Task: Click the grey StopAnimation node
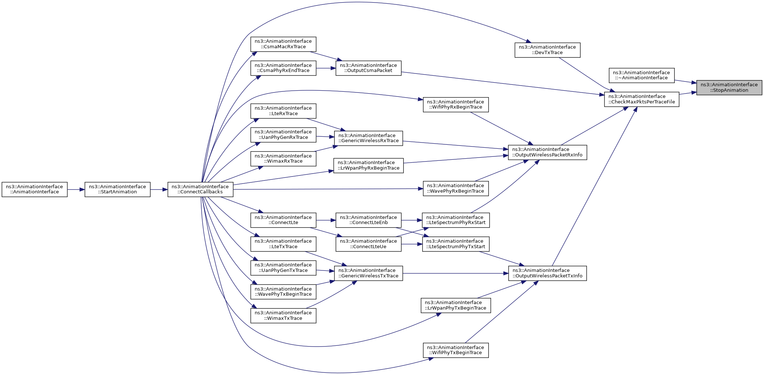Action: pyautogui.click(x=729, y=87)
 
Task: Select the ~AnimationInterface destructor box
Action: pyautogui.click(x=641, y=75)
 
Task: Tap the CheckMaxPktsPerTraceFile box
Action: pyautogui.click(x=641, y=99)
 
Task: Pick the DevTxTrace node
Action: pyautogui.click(x=547, y=50)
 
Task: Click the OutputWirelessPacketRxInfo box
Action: pyautogui.click(x=547, y=152)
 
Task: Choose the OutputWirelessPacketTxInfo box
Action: pyautogui.click(x=547, y=273)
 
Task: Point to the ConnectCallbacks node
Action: pyautogui.click(x=201, y=189)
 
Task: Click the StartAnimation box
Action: pyautogui.click(x=117, y=189)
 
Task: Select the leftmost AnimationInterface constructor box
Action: pyautogui.click(x=34, y=189)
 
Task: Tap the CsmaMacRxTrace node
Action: pyautogui.click(x=283, y=44)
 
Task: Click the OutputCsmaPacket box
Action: pyautogui.click(x=368, y=68)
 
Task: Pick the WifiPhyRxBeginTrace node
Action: pyautogui.click(x=456, y=105)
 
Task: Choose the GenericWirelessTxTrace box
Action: pyautogui.click(x=368, y=273)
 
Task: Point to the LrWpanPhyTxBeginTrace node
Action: pyautogui.click(x=456, y=305)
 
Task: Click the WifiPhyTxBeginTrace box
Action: pyautogui.click(x=456, y=350)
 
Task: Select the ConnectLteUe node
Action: pyautogui.click(x=368, y=244)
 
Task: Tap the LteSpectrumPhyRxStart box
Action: pyautogui.click(x=456, y=220)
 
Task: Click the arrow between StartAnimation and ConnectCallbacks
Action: pyautogui.click(x=159, y=189)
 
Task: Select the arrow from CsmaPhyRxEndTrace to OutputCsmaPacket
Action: pyautogui.click(x=326, y=68)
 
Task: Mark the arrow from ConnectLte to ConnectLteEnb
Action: pyautogui.click(x=326, y=220)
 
